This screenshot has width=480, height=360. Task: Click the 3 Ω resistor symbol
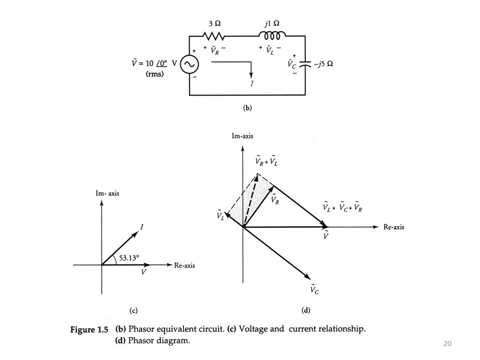[214, 36]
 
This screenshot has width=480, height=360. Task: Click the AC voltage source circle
[190, 65]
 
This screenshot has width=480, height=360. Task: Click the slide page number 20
[447, 343]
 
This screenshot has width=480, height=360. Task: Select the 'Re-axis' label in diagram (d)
[394, 227]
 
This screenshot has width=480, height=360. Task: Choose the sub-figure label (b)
[247, 107]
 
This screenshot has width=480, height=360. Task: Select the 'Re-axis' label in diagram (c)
[184, 265]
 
